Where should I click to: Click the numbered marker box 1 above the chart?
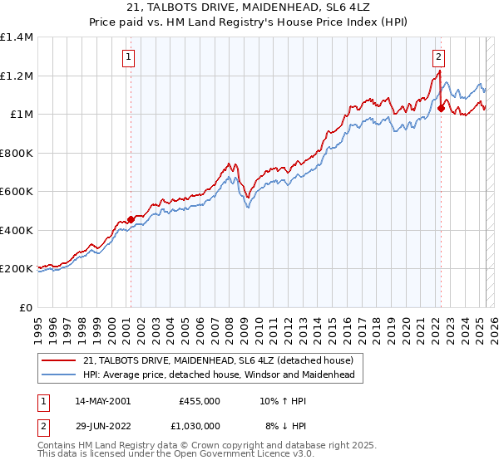(130, 57)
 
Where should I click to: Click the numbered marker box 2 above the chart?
(438, 57)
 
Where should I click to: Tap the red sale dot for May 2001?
(131, 219)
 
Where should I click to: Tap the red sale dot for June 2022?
(441, 108)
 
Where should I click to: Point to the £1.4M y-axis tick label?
(17, 37)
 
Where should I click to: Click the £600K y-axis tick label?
(17, 192)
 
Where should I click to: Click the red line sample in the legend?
(57, 360)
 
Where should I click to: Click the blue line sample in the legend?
(57, 374)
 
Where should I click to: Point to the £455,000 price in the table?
(199, 400)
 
